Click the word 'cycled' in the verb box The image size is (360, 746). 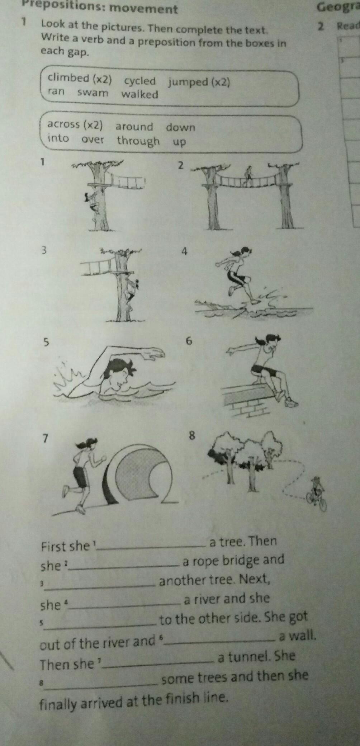pos(140,81)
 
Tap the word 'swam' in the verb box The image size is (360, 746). pos(93,93)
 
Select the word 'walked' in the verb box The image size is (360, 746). pos(139,94)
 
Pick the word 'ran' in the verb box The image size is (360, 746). pos(56,91)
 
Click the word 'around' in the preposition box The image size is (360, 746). pos(134,127)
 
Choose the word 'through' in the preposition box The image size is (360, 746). pos(138,141)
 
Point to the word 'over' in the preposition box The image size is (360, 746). pos(93,139)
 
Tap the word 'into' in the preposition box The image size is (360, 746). pos(58,137)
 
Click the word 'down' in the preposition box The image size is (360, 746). pos(180,127)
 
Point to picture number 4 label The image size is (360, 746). pos(184,252)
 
